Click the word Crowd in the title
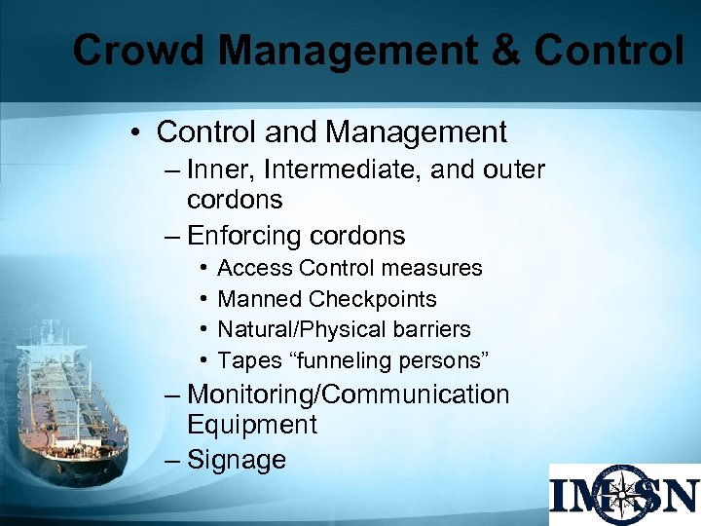(x=131, y=50)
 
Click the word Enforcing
(x=245, y=236)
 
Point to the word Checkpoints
(x=373, y=299)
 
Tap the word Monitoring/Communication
(x=348, y=394)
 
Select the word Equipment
(x=252, y=425)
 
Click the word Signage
(x=237, y=460)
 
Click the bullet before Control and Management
(x=140, y=131)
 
